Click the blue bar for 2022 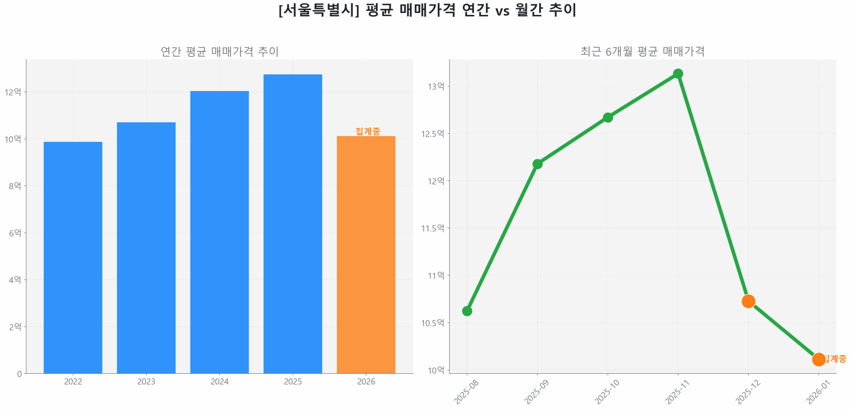tap(73, 257)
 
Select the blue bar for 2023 tap(146, 247)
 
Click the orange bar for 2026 tap(366, 254)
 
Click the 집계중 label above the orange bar tap(367, 131)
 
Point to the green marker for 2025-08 tap(467, 311)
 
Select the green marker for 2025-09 tap(537, 164)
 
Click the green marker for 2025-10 tap(607, 117)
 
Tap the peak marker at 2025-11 tap(678, 73)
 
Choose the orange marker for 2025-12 tap(748, 301)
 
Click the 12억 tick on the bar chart tap(13, 92)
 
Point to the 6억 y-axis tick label tap(15, 233)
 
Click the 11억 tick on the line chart tap(435, 275)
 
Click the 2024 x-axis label tap(219, 381)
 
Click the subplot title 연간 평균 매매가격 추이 tap(219, 51)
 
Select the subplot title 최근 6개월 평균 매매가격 tap(642, 51)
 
